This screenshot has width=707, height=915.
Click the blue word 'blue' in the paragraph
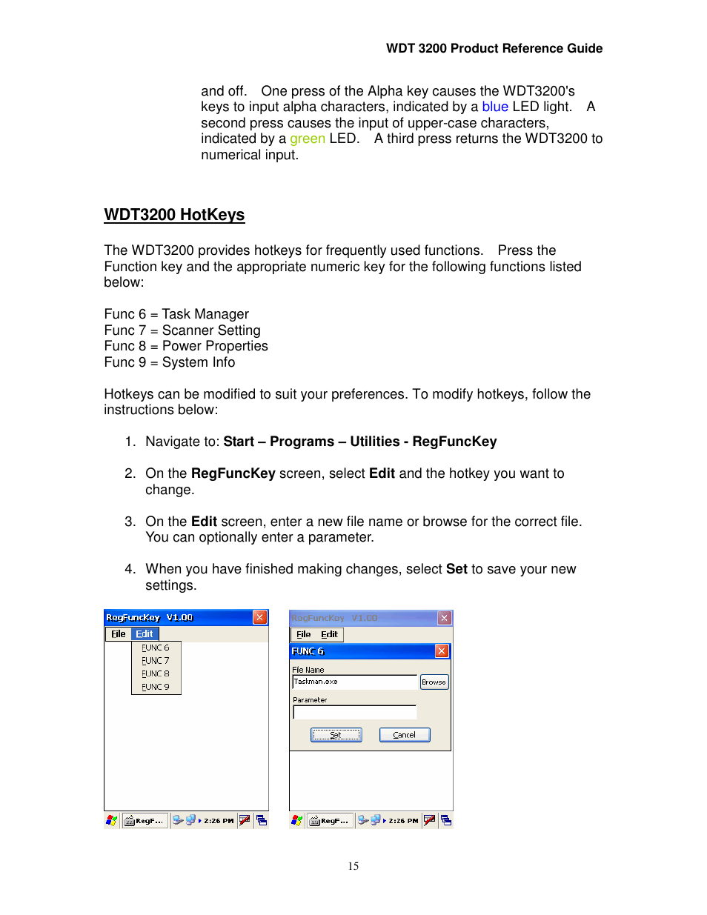[494, 107]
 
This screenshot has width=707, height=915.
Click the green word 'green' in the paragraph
[307, 139]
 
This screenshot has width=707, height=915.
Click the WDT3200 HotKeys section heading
[174, 215]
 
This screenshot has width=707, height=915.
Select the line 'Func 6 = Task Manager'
[176, 314]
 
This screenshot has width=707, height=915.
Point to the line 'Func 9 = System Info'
[169, 362]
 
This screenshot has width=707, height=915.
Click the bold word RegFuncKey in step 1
[454, 442]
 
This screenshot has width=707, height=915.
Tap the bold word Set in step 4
[457, 569]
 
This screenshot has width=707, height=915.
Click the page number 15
[353, 866]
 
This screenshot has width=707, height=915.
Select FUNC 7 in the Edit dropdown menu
[156, 661]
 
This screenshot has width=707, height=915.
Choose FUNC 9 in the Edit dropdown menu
[156, 687]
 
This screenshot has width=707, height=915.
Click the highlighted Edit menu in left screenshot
[145, 634]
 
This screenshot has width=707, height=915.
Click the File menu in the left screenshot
[119, 634]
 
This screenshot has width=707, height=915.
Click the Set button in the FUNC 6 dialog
[336, 735]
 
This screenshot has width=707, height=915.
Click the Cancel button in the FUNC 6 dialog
[405, 735]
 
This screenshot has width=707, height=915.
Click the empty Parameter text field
[354, 713]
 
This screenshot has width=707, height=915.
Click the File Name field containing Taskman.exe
[354, 682]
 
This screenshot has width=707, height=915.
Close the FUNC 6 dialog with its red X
[442, 651]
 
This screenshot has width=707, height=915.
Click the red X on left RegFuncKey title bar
[259, 617]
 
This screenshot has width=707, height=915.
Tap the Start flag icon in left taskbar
[112, 820]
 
